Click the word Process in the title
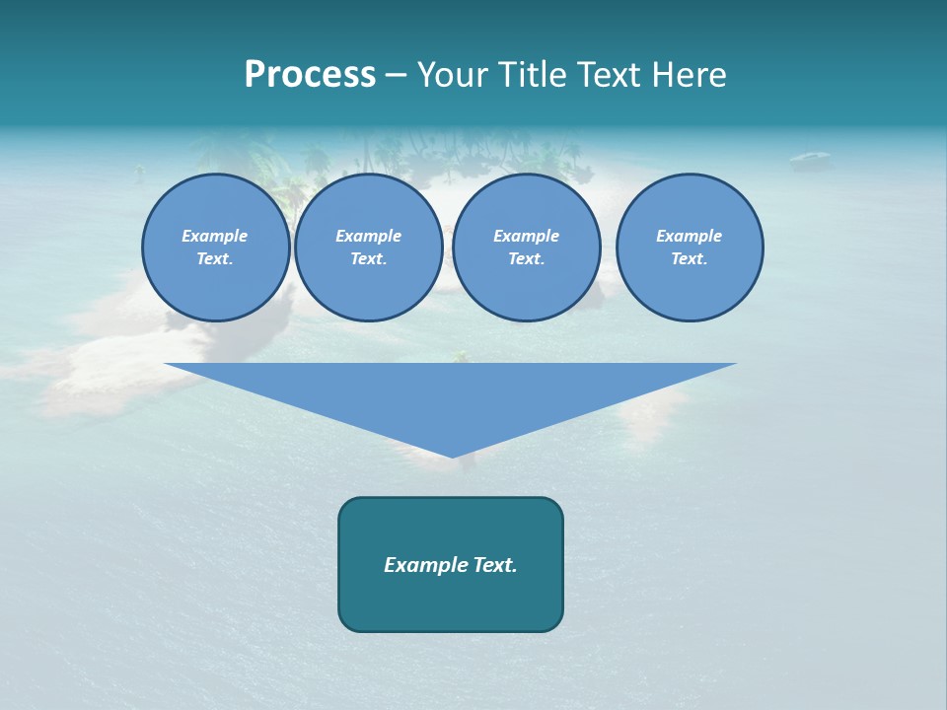(310, 75)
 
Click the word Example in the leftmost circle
(215, 236)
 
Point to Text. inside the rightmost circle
(690, 258)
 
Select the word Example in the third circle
(526, 236)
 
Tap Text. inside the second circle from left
(369, 258)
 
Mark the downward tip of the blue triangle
(452, 455)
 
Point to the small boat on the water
(809, 157)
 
